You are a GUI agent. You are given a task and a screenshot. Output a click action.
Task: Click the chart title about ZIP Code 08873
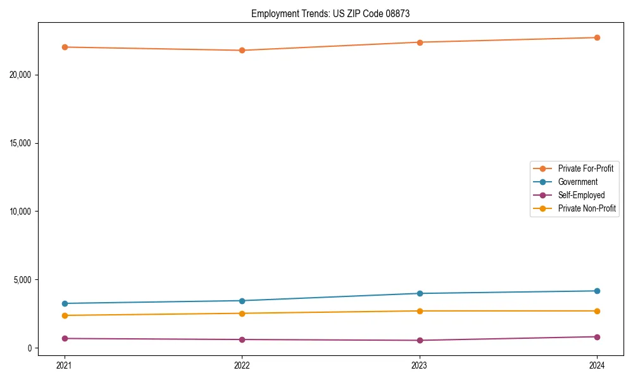[330, 14]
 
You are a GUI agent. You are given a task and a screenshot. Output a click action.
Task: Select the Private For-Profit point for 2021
[65, 47]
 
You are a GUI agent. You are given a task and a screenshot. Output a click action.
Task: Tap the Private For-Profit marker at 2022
[242, 50]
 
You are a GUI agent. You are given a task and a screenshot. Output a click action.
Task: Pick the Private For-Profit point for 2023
[420, 42]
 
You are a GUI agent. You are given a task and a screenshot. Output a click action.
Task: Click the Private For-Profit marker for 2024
[597, 37]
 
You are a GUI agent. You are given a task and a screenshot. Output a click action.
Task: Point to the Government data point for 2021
[65, 303]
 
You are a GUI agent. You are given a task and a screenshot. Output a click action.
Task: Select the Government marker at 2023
[420, 293]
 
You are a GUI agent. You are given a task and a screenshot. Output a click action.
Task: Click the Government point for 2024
[597, 291]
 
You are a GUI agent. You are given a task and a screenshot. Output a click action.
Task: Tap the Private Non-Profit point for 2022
[242, 313]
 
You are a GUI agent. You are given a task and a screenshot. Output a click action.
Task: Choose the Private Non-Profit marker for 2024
[597, 311]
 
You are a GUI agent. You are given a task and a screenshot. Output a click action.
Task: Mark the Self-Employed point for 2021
[65, 338]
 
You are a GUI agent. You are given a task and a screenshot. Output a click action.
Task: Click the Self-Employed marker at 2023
[420, 340]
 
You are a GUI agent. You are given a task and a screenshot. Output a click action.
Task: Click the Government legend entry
[577, 182]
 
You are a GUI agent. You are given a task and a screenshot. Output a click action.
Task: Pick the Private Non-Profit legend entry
[587, 208]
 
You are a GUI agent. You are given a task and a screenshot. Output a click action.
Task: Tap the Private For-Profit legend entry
[586, 168]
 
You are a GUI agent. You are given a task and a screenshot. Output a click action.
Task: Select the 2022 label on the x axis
[242, 365]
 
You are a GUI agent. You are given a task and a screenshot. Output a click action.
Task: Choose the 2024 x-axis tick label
[597, 365]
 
